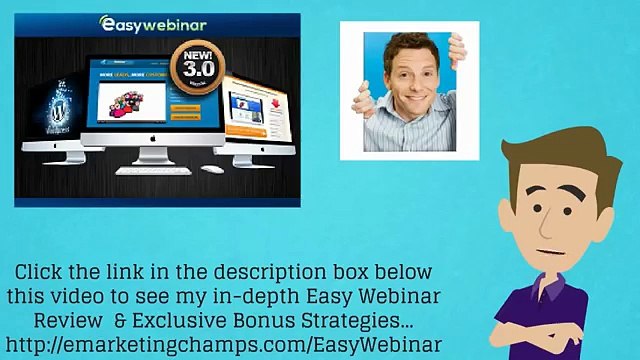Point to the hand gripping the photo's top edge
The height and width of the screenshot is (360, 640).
[456, 45]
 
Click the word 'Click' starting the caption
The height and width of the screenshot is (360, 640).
[41, 272]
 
